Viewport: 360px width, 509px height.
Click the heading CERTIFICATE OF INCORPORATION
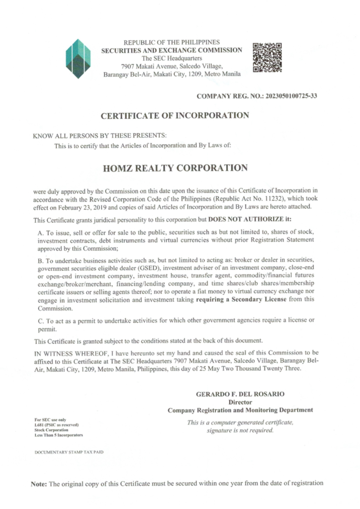pos(175,116)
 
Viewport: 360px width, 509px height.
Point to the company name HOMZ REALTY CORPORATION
pos(175,168)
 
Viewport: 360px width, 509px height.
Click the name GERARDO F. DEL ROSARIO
pos(240,394)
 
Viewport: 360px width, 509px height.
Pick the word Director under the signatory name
pos(240,402)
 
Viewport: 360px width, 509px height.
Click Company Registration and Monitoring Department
pos(240,410)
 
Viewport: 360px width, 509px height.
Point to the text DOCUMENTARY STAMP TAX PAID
pos(69,452)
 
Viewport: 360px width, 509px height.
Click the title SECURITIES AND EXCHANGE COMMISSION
pos(172,51)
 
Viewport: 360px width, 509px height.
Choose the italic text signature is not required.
pos(240,430)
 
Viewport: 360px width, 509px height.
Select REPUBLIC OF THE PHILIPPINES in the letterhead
pos(172,43)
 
